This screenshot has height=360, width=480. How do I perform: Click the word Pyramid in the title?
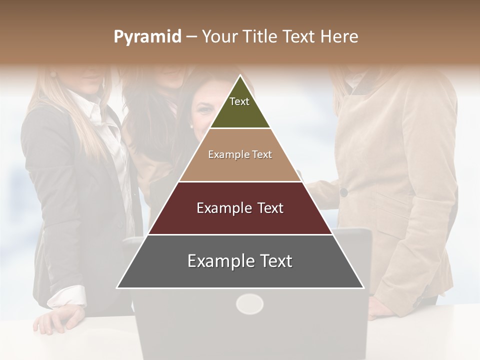(x=147, y=36)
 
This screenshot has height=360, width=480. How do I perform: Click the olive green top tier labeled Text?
(x=240, y=110)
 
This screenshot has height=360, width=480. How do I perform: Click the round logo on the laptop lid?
(x=249, y=303)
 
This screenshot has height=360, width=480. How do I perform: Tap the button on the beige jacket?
(x=343, y=192)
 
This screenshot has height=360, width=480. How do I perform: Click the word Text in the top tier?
(x=239, y=101)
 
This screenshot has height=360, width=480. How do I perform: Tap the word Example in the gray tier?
(x=218, y=261)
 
